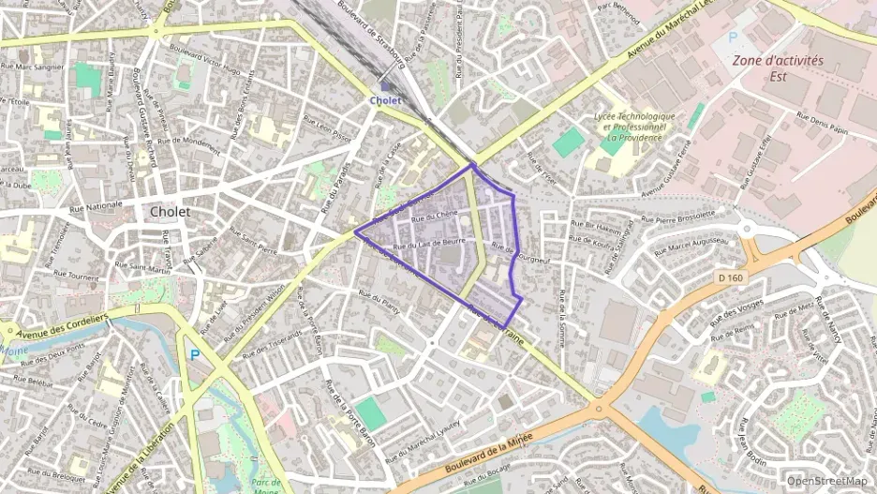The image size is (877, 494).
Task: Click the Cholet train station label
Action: tap(385, 100)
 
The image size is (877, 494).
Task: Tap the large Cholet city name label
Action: tap(170, 212)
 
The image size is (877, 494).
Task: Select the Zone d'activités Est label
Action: tap(778, 67)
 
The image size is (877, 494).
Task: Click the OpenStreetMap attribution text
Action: tap(826, 481)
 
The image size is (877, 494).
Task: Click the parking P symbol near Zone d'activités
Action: tap(733, 37)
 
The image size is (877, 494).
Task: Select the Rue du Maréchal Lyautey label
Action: tap(423, 433)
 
